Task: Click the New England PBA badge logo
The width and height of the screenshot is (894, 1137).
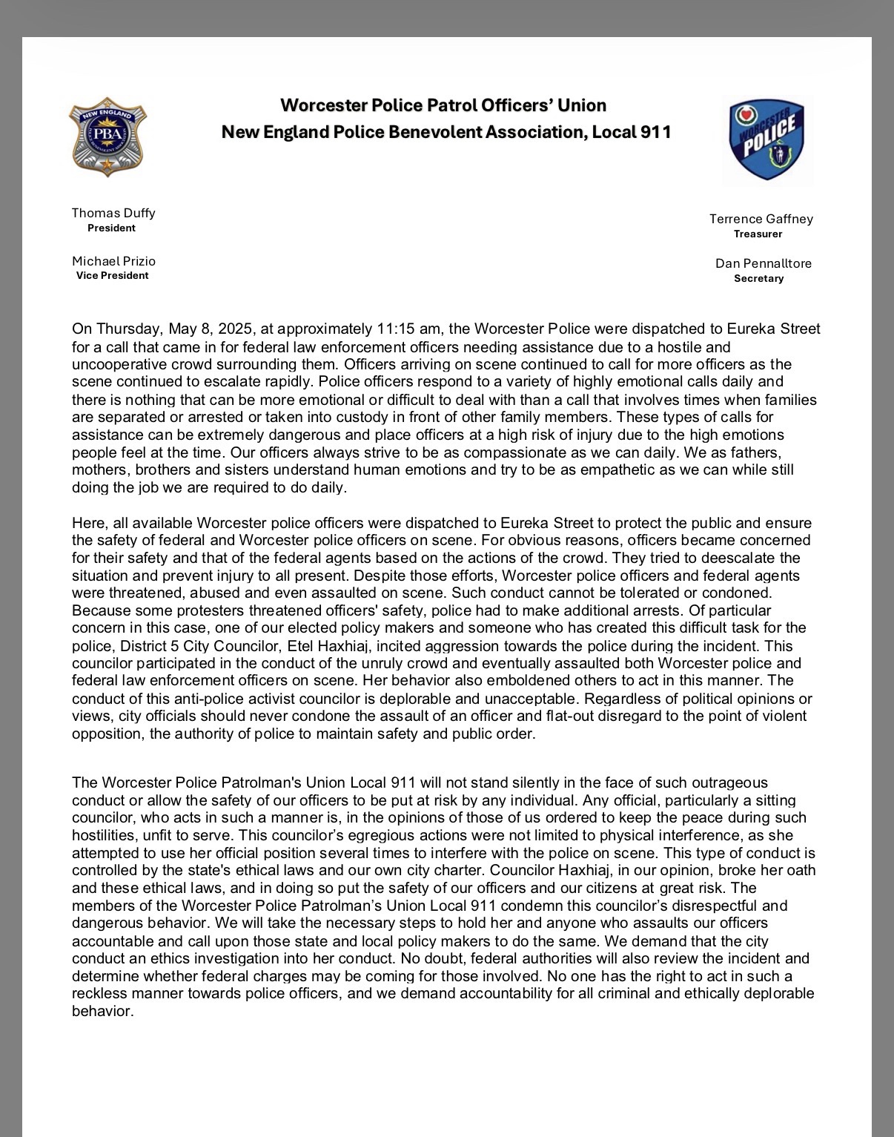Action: coord(108,136)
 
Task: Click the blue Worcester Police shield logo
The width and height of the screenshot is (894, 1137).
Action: coord(766,140)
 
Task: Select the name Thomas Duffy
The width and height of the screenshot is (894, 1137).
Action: coord(113,213)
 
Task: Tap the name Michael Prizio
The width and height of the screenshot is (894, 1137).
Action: coord(113,261)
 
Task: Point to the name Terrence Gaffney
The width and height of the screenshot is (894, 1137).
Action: coord(761,219)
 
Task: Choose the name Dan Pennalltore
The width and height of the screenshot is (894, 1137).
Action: coord(763,263)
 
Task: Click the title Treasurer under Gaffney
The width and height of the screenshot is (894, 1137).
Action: coord(758,234)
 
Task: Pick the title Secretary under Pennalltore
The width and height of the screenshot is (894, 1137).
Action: coord(758,278)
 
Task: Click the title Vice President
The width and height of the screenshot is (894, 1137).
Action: coord(112,275)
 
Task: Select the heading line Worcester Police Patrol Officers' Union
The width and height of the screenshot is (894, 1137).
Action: coord(443,105)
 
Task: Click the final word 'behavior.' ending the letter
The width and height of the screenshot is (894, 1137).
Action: coord(102,1011)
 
